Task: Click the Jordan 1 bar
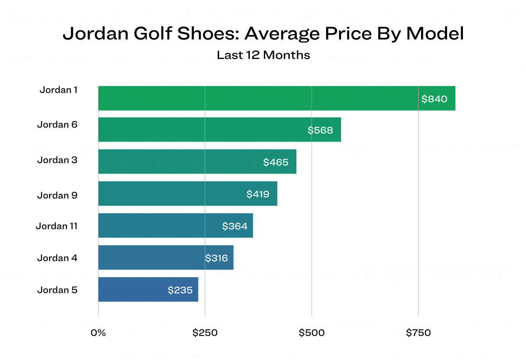coord(276,98)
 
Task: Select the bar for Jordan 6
coord(219,129)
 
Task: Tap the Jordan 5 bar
coord(148,289)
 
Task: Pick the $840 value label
coord(434,99)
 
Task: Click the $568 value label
coord(320,130)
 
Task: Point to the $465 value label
coord(276,162)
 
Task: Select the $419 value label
coord(258,194)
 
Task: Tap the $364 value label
coord(235,226)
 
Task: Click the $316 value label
coord(217,258)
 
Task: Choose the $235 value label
coord(180,290)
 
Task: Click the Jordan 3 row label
coord(57,160)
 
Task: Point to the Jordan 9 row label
coord(57,195)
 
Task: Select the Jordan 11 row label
coord(57,226)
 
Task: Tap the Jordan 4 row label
coord(57,258)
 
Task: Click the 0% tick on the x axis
coord(98,333)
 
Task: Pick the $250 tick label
coord(205,333)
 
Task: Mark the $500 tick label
coord(312,333)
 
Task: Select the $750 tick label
coord(418,333)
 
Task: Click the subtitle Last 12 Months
coord(263,55)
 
